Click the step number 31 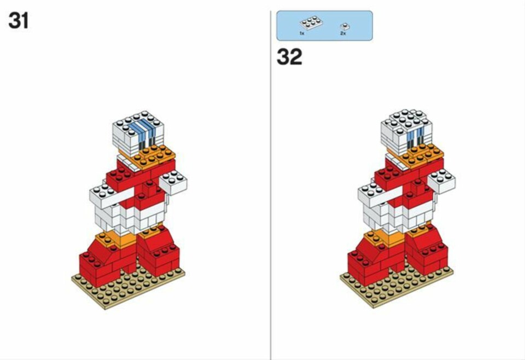19,21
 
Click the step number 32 289,57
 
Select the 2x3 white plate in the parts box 311,23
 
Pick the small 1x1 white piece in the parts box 345,26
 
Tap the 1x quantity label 302,33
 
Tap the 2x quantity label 343,33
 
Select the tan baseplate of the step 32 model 397,284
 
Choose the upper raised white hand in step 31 173,183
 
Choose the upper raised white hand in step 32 442,181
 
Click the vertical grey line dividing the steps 271,185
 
